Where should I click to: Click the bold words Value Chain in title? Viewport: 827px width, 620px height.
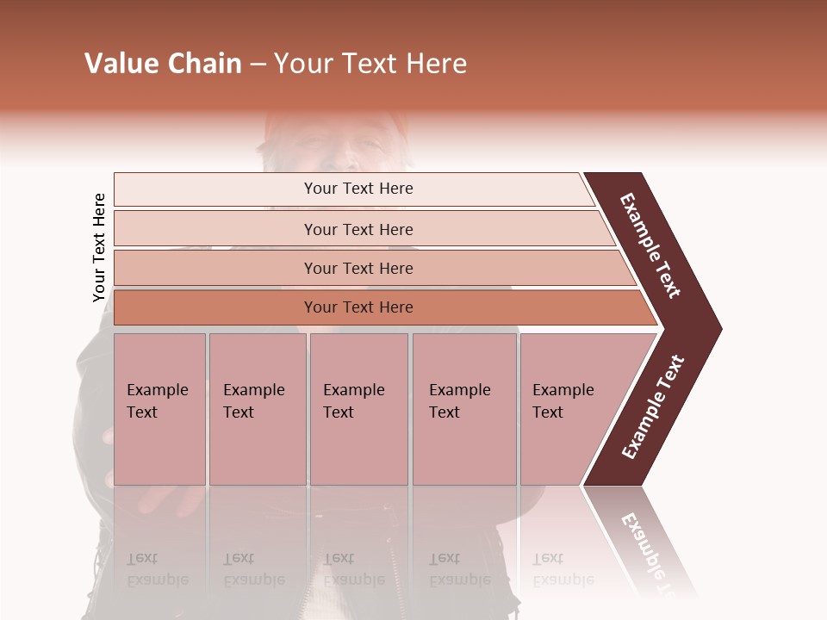(x=163, y=64)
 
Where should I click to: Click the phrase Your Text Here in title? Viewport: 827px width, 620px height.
(x=370, y=64)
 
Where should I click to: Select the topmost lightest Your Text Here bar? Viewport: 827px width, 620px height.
(x=358, y=189)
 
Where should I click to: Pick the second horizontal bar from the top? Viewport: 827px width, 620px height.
(x=358, y=229)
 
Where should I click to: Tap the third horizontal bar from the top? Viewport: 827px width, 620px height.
(x=358, y=268)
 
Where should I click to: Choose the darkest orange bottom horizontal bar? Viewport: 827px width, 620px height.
(x=358, y=307)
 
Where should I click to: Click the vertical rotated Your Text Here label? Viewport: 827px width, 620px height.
(x=99, y=248)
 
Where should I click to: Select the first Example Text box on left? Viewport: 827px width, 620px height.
(x=159, y=409)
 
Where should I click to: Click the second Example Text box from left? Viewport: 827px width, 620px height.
(x=257, y=409)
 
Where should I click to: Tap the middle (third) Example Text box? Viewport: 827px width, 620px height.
(x=358, y=409)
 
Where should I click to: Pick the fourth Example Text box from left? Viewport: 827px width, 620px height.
(x=463, y=409)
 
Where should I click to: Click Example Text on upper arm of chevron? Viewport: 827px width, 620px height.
(x=650, y=245)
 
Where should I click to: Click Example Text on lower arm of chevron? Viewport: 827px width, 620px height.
(x=653, y=407)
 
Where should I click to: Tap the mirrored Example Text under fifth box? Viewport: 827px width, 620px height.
(x=563, y=569)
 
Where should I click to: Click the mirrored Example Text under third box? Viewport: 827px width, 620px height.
(x=353, y=569)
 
